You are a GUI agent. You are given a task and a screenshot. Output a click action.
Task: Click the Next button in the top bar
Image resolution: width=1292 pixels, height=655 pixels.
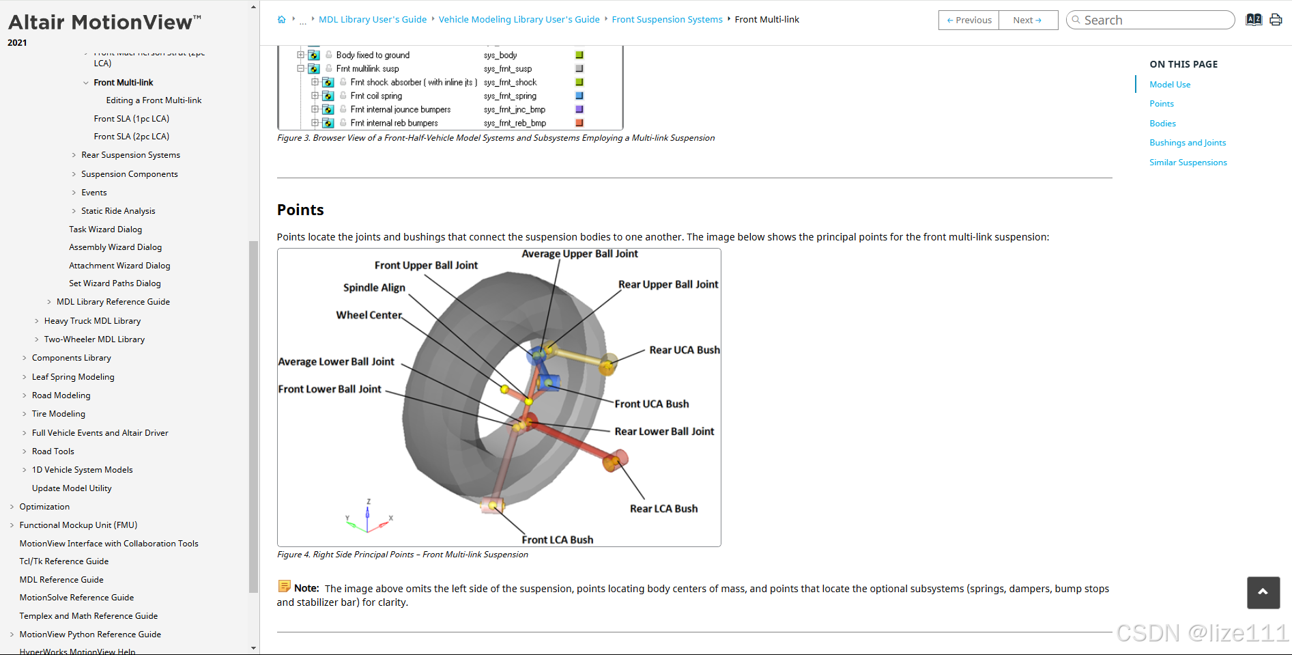pos(1027,20)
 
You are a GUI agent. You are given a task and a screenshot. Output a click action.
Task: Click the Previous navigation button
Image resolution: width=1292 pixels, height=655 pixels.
pos(968,20)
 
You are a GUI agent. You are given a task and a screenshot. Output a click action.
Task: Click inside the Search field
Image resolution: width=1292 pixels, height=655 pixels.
pos(1153,20)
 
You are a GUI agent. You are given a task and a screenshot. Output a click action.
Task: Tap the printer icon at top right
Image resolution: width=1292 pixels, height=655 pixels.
pos(1275,20)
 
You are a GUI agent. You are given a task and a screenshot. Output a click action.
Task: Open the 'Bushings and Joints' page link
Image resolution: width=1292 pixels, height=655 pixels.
pos(1188,143)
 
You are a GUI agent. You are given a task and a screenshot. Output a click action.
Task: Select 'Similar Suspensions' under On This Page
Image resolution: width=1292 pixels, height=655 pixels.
pos(1188,163)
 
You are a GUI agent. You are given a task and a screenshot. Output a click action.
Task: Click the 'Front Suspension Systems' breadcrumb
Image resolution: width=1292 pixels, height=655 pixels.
pos(667,20)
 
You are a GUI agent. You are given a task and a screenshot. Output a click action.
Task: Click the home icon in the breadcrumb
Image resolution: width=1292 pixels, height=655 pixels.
pos(281,20)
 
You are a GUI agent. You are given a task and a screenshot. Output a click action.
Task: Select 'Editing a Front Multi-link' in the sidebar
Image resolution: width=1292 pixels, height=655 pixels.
pos(154,100)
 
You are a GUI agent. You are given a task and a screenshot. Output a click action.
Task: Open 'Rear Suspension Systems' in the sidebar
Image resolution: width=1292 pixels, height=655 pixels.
pos(130,155)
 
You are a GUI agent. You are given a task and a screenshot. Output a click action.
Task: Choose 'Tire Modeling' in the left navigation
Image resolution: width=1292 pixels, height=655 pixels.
pos(59,414)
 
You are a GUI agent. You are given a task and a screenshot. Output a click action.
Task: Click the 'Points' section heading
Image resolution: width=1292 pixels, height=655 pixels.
pos(300,210)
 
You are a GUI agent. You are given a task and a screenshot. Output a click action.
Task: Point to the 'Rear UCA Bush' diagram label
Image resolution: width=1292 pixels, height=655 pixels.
pos(684,350)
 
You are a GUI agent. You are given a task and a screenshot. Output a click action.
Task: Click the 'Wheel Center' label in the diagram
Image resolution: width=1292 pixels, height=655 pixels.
pos(369,315)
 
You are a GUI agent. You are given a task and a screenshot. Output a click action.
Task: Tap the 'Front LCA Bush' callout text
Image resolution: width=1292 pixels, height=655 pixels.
pos(557,540)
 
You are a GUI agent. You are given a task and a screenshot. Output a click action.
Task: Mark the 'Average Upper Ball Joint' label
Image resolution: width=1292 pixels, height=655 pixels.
pos(579,254)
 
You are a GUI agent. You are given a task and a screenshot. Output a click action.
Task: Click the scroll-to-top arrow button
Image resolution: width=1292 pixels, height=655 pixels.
pos(1263,592)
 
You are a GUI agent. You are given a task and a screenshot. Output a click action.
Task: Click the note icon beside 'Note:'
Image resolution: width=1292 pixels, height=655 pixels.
pos(285,586)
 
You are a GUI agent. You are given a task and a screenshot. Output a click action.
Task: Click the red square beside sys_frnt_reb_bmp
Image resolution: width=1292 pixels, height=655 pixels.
pos(579,123)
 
